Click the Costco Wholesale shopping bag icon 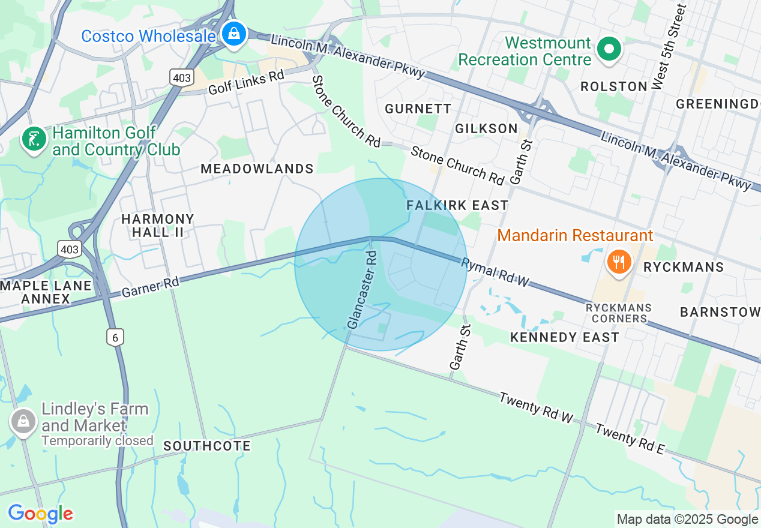[x=233, y=34]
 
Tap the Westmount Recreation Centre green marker [x=609, y=49]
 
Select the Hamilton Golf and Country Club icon [x=34, y=139]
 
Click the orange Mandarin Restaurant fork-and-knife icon [x=618, y=262]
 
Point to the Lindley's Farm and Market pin [x=23, y=422]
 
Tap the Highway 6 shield [x=115, y=337]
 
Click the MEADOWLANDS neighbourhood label [x=257, y=169]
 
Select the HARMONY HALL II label [x=157, y=226]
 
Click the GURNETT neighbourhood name [x=418, y=109]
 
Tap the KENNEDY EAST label [x=564, y=337]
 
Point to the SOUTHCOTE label [x=207, y=446]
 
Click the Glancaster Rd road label [x=363, y=290]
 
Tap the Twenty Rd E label [x=630, y=439]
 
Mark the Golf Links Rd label [x=246, y=83]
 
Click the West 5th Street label [x=667, y=47]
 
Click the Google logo [x=40, y=514]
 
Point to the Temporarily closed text [x=97, y=441]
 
